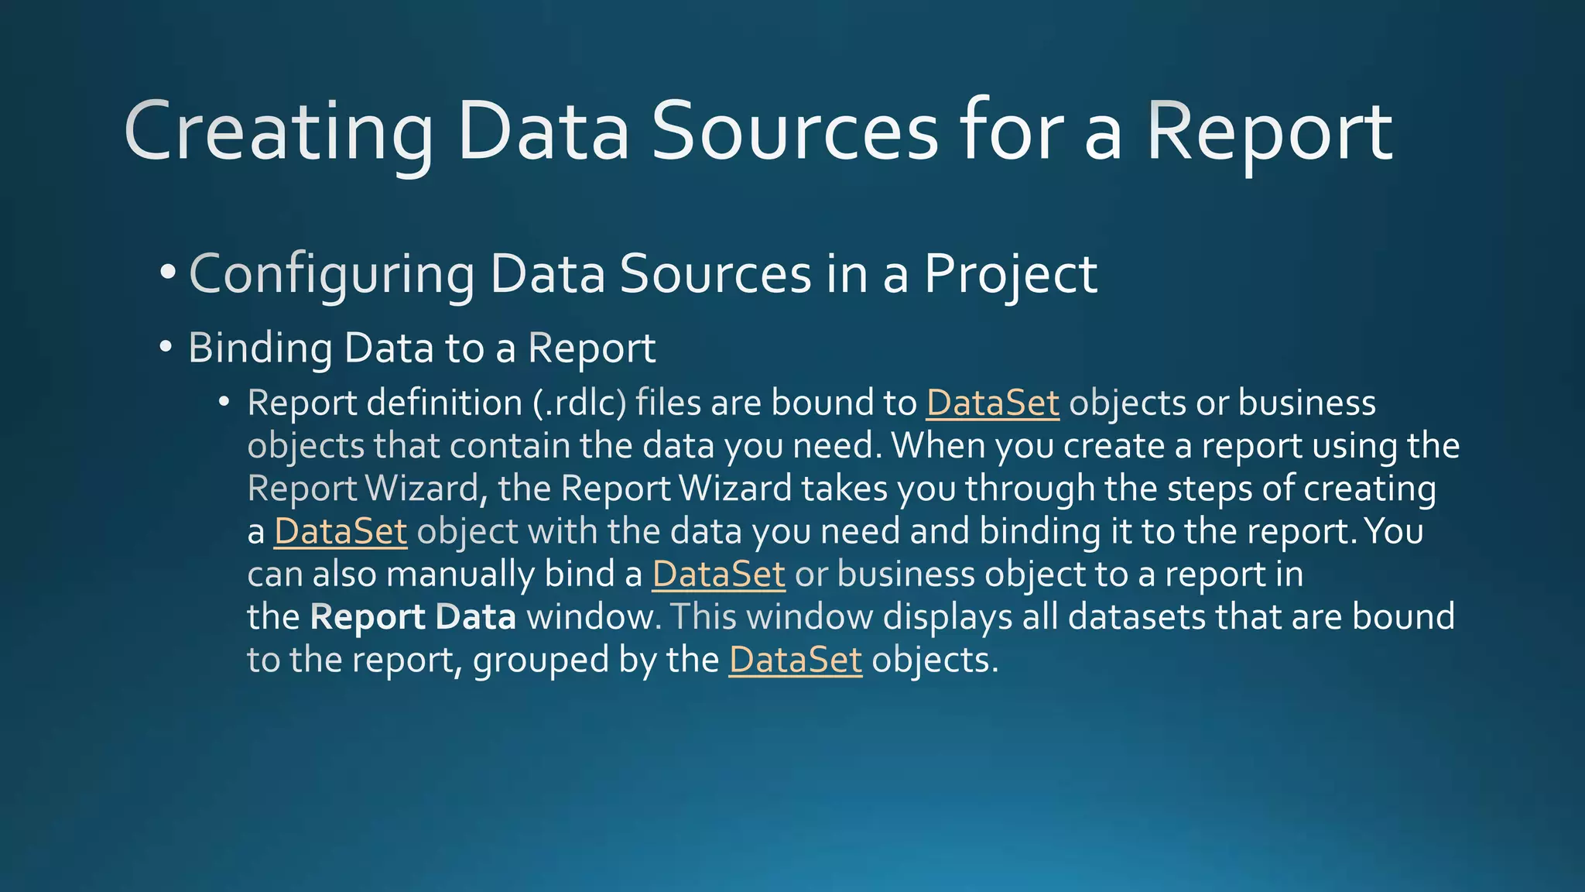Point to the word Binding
pyautogui.click(x=260, y=348)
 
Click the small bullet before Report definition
pyautogui.click(x=224, y=402)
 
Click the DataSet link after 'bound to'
pyautogui.click(x=992, y=403)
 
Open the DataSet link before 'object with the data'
pyautogui.click(x=341, y=532)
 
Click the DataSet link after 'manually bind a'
pyautogui.click(x=718, y=575)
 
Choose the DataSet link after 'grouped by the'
pyautogui.click(x=795, y=660)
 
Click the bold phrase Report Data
pyautogui.click(x=413, y=617)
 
